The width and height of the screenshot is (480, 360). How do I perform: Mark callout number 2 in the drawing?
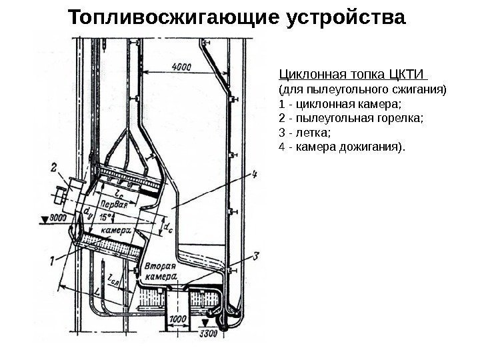coord(53,169)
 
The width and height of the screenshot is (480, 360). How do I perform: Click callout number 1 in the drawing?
coord(53,261)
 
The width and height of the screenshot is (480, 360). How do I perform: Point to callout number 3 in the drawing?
coord(257,255)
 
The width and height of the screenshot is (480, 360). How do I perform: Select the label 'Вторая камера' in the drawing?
coord(160,270)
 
